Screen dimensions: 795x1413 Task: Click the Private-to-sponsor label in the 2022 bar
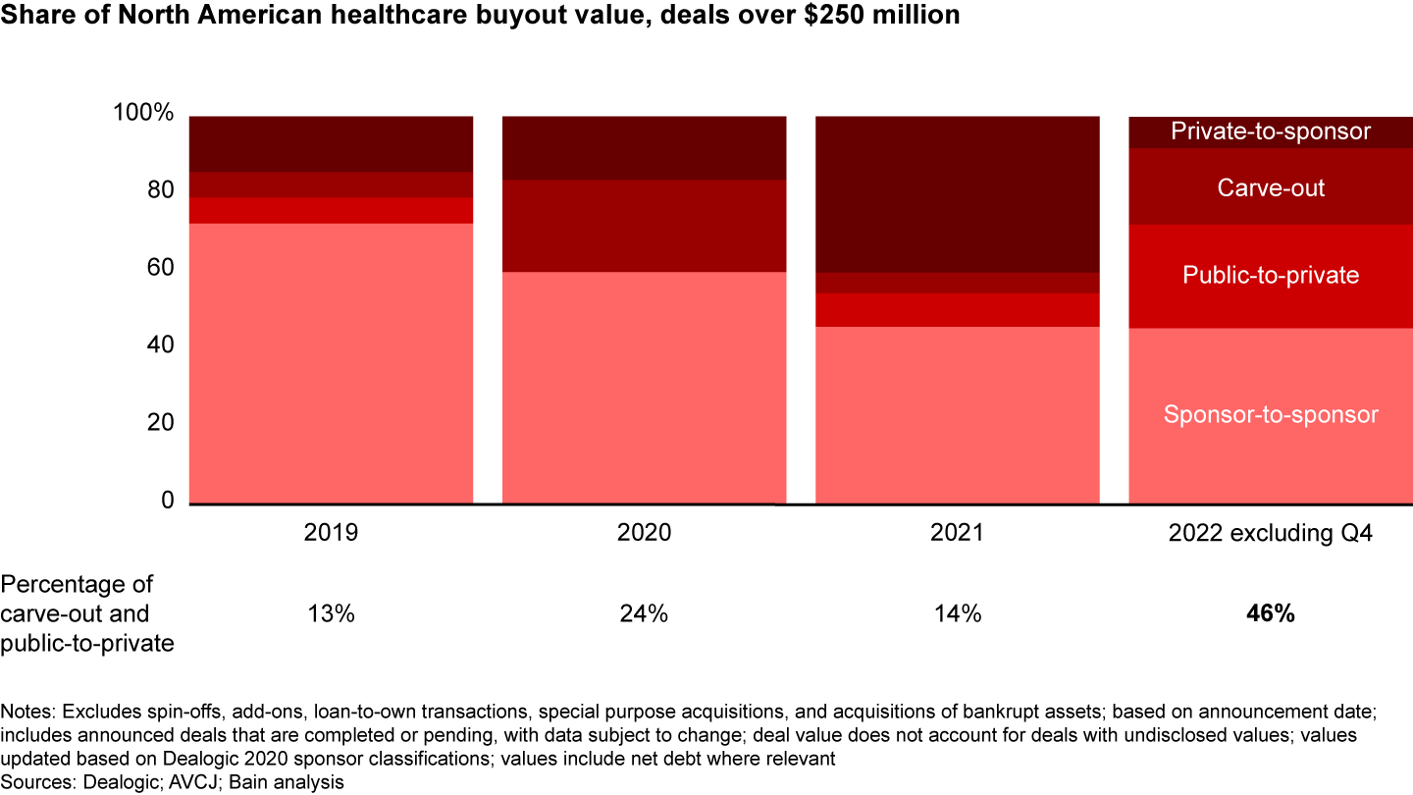pos(1271,131)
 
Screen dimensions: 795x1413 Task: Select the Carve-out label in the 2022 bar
pos(1271,187)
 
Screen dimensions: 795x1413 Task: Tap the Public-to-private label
pos(1271,275)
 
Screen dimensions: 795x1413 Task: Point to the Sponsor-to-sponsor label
pos(1271,415)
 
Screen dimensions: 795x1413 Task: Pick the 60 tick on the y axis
pos(161,268)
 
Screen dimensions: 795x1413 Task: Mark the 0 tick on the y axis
pos(167,501)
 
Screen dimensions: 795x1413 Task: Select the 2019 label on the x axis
pos(332,533)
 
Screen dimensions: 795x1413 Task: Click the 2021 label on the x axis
pos(958,533)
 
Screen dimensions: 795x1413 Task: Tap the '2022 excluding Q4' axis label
pos(1271,533)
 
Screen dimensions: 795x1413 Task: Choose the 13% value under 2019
pos(332,614)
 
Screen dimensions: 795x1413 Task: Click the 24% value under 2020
pos(645,614)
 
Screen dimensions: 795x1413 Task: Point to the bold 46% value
pos(1271,614)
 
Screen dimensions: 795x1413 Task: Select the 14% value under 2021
pos(958,614)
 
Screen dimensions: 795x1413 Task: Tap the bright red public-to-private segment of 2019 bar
pos(332,210)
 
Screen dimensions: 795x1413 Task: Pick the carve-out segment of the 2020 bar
pos(645,226)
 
